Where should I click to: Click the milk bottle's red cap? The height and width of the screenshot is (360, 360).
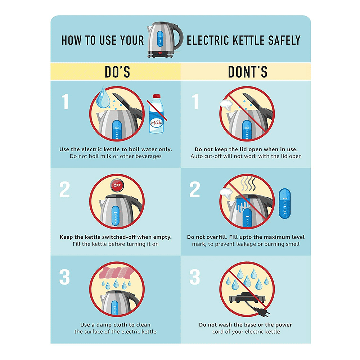click(x=156, y=96)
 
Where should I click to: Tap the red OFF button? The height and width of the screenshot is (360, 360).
click(x=117, y=185)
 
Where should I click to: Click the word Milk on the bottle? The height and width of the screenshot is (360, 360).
click(x=156, y=123)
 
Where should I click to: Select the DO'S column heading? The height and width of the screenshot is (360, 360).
click(x=117, y=72)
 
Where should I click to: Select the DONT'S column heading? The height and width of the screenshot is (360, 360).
click(x=248, y=72)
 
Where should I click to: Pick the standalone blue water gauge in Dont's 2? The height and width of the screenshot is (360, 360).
click(x=285, y=203)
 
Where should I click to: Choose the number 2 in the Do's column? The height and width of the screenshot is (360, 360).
click(x=65, y=189)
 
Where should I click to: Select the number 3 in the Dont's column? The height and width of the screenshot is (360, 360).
click(x=195, y=277)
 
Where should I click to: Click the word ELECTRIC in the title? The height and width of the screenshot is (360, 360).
click(x=208, y=40)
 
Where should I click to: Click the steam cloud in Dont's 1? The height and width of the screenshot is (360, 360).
click(x=226, y=104)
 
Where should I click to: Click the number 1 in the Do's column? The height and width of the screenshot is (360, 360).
click(x=65, y=101)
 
